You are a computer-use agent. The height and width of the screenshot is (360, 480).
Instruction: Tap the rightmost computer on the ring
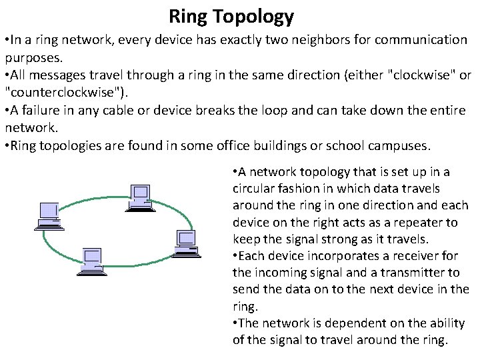pos(186,243)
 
